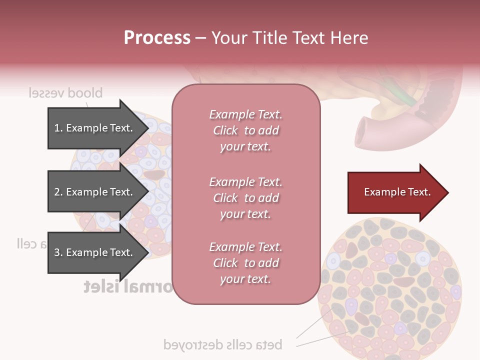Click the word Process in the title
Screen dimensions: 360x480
click(157, 37)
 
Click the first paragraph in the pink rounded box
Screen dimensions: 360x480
click(245, 130)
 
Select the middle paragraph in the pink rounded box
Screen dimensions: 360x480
click(245, 198)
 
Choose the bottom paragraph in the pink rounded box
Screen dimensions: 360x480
click(245, 263)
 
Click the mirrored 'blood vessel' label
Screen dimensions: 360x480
click(65, 93)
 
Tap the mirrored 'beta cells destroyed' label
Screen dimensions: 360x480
click(222, 344)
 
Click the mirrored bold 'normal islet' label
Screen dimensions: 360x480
click(128, 286)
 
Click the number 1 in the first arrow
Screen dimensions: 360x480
click(57, 128)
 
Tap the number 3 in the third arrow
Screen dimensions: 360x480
click(57, 252)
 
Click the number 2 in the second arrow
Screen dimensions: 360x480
click(57, 192)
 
